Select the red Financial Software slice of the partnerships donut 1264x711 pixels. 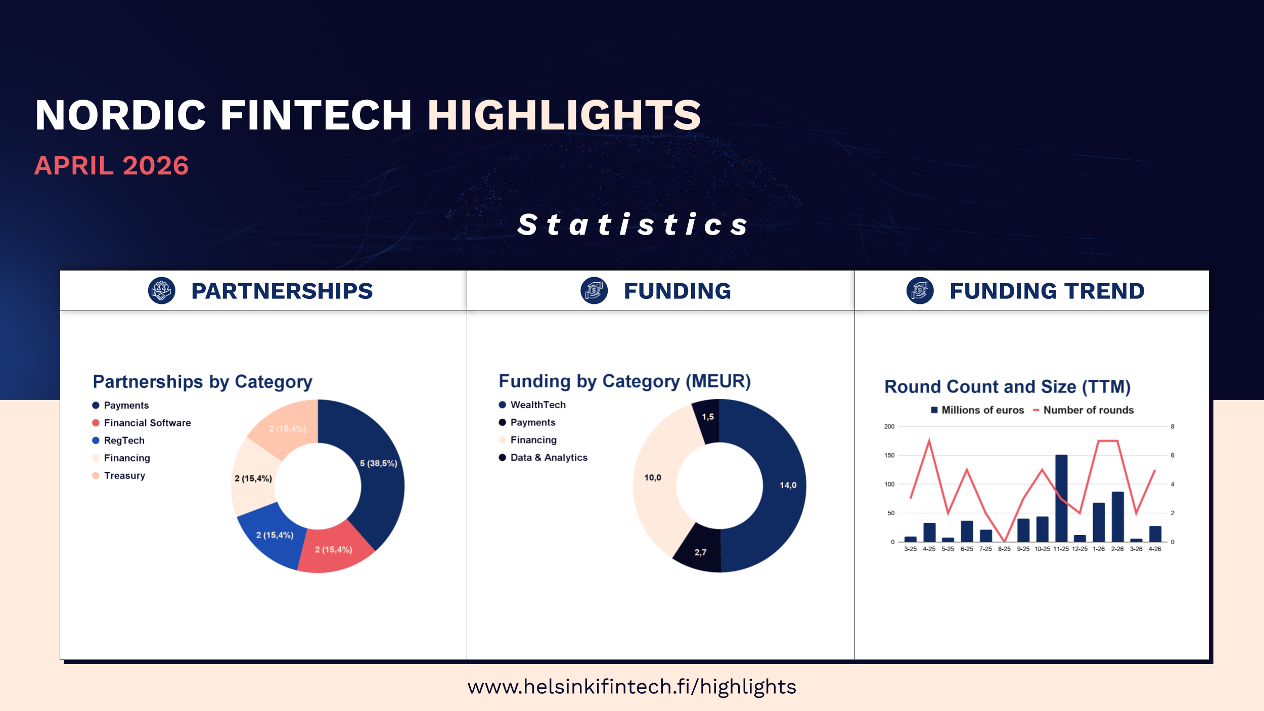[334, 549]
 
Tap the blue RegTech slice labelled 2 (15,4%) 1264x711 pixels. [273, 534]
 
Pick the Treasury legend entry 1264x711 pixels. [119, 475]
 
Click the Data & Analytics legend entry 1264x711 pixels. [543, 457]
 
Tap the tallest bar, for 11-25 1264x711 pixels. [1061, 498]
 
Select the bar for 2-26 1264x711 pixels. [1117, 517]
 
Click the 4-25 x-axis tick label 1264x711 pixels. [929, 549]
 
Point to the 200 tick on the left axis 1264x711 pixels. [889, 426]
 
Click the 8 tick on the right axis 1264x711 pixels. [1172, 426]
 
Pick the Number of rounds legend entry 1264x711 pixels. [1083, 410]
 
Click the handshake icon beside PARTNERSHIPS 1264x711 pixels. [162, 291]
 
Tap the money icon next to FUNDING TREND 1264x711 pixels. [920, 291]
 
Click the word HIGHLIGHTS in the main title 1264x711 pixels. [564, 115]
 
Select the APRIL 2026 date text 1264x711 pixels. [111, 166]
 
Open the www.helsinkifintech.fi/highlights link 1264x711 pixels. [632, 687]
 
